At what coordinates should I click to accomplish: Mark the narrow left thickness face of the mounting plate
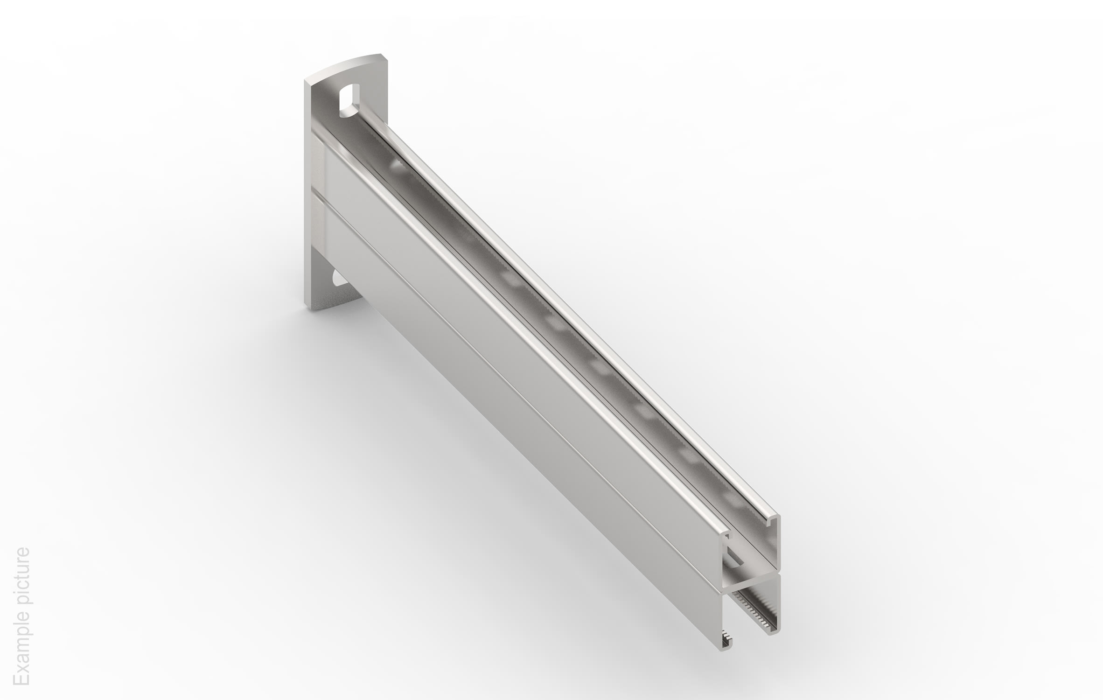point(308,196)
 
